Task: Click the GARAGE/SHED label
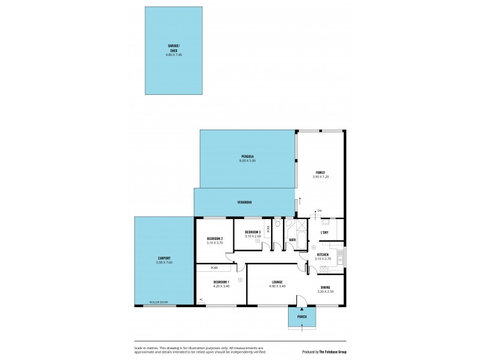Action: pos(173,49)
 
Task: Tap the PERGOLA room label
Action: pos(248,157)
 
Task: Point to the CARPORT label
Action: pos(164,259)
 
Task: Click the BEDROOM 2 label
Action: pos(214,238)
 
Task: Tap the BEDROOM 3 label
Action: pos(252,232)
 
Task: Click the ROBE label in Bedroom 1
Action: pos(214,268)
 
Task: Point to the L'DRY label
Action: pos(325,233)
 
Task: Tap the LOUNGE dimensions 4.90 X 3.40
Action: pos(277,286)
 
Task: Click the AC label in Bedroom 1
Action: pos(202,299)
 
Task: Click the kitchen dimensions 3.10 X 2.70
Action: pos(323,259)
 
